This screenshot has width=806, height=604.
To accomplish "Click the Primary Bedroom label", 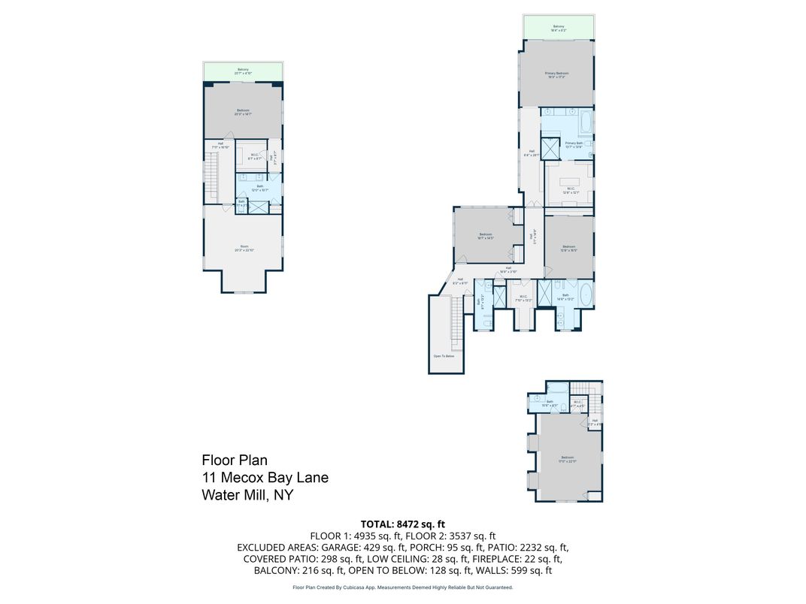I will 556,74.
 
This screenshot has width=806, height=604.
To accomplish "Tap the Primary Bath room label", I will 574,144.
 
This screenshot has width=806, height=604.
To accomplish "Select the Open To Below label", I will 443,356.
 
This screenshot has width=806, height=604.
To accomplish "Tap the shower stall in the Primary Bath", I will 551,148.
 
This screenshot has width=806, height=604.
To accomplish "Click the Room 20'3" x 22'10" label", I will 244,248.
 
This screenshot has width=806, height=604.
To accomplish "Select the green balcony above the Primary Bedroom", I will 559,27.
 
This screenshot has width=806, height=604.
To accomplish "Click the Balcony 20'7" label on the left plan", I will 243,71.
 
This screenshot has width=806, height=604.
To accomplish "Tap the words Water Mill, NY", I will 247,495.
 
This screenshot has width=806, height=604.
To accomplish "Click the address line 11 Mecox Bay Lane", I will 265,477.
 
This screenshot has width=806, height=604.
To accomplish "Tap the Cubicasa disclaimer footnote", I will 402,587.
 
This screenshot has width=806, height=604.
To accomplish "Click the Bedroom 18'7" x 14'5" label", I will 486,237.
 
